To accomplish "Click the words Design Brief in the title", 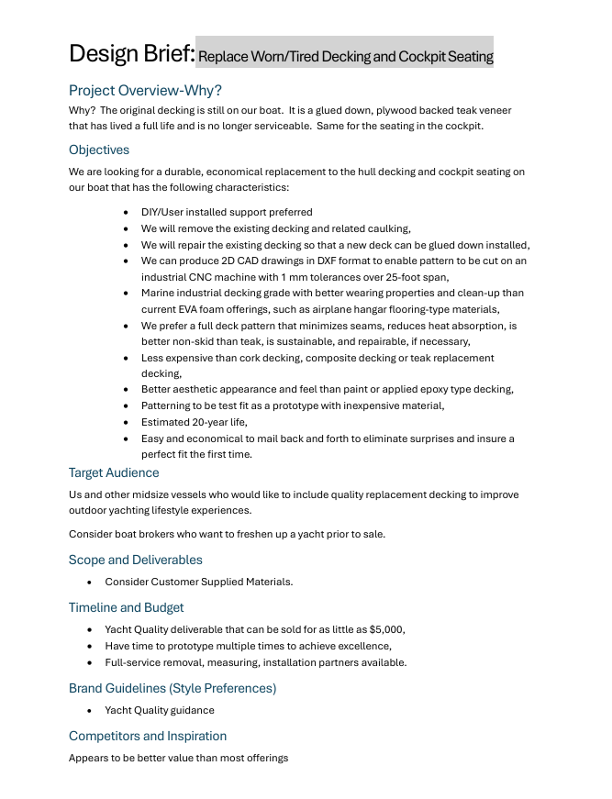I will (x=131, y=53).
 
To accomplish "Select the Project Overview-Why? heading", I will (x=145, y=90).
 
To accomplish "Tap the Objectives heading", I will (x=99, y=150).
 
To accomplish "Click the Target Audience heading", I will (x=114, y=472).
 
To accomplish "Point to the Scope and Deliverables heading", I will (x=136, y=560).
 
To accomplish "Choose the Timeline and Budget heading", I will (x=126, y=607).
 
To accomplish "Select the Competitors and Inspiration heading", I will (x=148, y=736).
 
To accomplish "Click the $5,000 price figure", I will (x=385, y=629).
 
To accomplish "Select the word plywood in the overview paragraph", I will (x=373, y=110).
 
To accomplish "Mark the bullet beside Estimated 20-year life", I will (x=126, y=422).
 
